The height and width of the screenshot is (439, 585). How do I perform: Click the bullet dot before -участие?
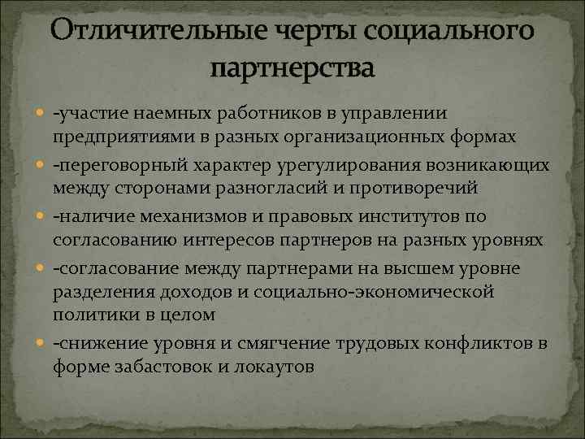click(41, 112)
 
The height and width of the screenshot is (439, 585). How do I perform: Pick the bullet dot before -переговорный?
click(41, 166)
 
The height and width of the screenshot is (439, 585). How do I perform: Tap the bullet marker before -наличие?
click(41, 217)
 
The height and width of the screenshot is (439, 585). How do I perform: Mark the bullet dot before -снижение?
click(41, 345)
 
